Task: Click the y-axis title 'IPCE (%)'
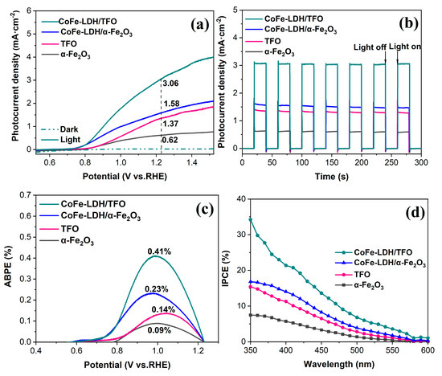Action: [x=234, y=276]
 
